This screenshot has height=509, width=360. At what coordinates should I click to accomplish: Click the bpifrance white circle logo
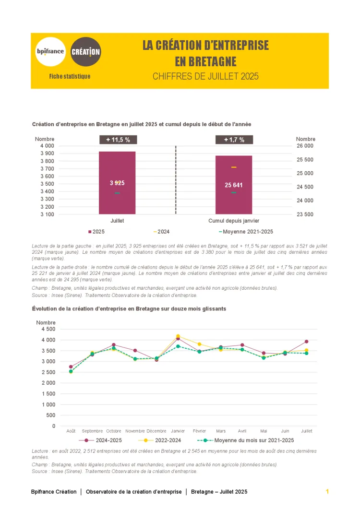(x=50, y=51)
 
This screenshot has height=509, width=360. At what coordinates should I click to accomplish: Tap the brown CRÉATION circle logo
(x=86, y=51)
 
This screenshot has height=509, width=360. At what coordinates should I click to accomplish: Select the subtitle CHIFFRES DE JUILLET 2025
(x=205, y=76)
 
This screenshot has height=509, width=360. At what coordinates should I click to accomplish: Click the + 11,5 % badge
(x=118, y=140)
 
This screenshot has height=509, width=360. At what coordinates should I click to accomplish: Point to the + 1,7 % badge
(x=234, y=140)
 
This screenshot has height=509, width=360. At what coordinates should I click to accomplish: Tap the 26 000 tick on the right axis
(x=305, y=146)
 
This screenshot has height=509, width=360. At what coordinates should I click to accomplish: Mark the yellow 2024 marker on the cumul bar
(x=234, y=167)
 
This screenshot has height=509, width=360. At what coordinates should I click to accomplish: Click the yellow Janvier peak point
(x=178, y=336)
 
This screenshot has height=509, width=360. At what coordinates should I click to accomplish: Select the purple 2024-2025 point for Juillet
(x=307, y=342)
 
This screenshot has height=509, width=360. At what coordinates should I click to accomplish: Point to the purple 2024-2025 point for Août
(x=71, y=367)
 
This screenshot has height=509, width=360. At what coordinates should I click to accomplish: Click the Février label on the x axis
(x=199, y=431)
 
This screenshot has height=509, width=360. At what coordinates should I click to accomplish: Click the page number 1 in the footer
(x=327, y=492)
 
